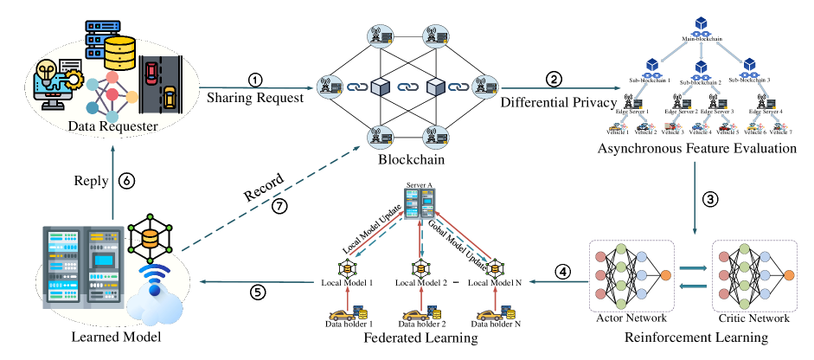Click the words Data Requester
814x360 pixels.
pyautogui.click(x=112, y=127)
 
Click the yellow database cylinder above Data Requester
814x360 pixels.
pyautogui.click(x=119, y=54)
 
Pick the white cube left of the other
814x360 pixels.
pyautogui.click(x=381, y=87)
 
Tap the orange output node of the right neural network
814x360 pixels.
pyautogui.click(x=789, y=275)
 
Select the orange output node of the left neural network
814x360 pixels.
pyautogui.click(x=665, y=275)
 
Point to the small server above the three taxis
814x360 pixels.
pyautogui.click(x=420, y=203)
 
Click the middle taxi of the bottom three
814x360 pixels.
pyautogui.click(x=417, y=315)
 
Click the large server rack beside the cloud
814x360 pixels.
pyautogui.click(x=83, y=267)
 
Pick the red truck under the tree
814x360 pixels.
pyautogui.click(x=670, y=127)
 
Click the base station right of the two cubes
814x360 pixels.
pyautogui.click(x=484, y=87)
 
